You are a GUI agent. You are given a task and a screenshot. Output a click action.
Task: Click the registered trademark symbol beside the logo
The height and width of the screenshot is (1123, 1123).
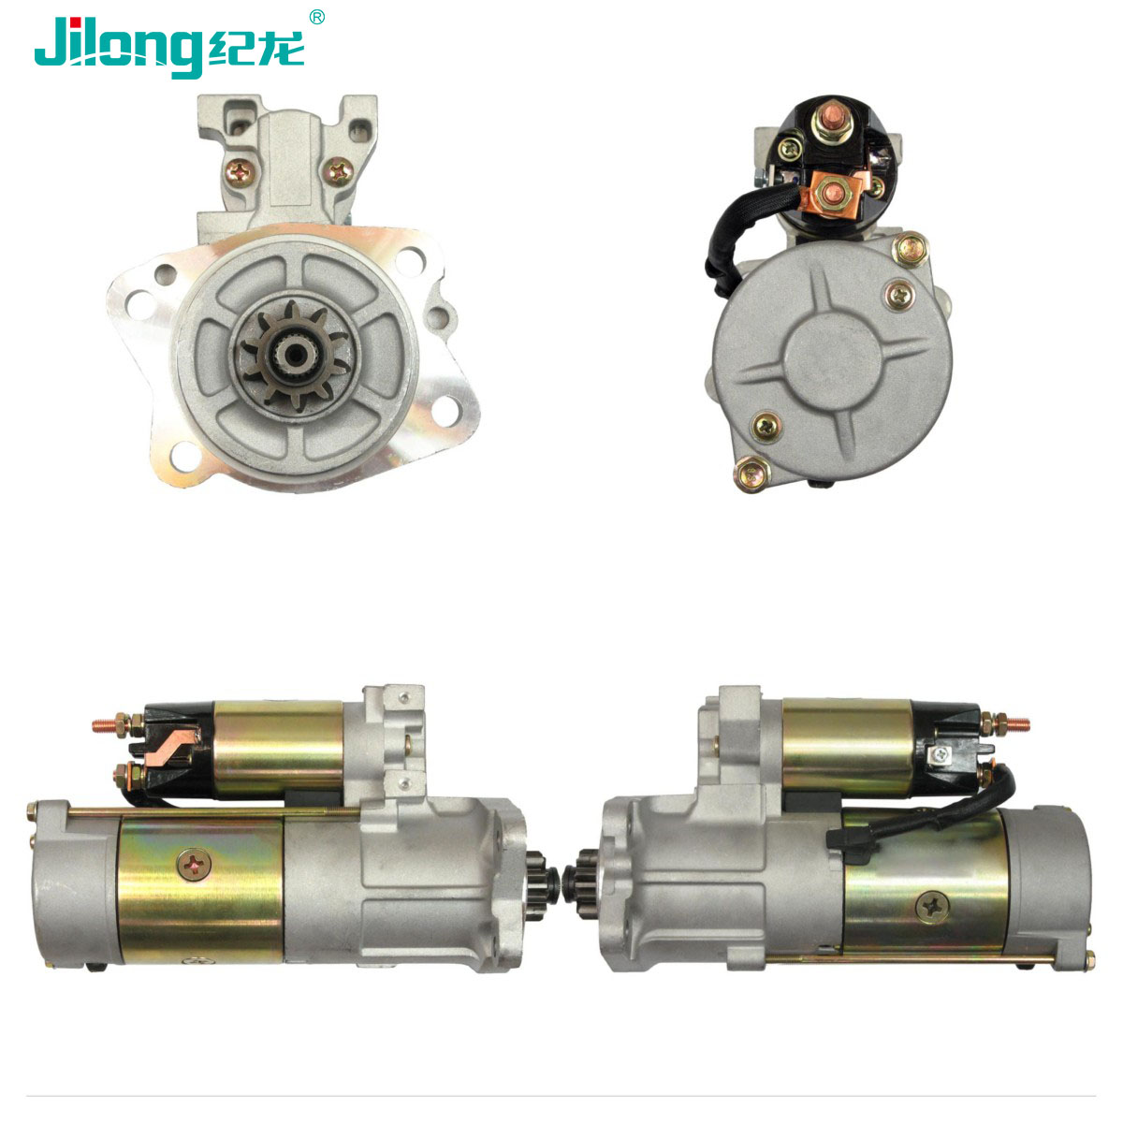[316, 18]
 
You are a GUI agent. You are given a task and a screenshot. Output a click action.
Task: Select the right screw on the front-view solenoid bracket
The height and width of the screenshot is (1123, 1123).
[339, 171]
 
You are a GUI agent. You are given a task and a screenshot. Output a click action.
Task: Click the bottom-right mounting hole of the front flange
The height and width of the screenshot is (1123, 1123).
[445, 410]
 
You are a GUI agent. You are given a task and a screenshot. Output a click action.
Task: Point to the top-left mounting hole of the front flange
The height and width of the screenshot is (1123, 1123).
[166, 275]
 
